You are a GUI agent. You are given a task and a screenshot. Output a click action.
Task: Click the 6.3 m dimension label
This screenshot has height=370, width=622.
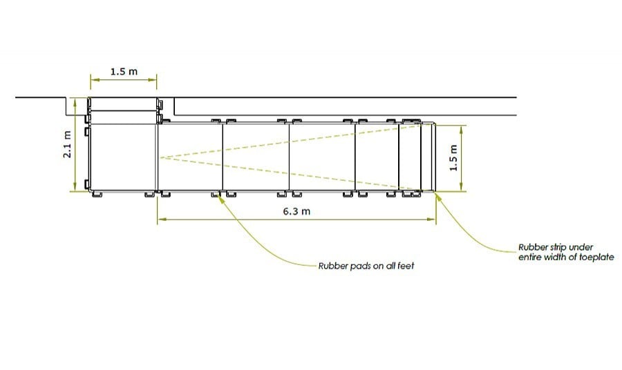(x=296, y=211)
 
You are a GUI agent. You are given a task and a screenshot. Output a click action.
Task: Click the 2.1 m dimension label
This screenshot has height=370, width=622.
(x=67, y=144)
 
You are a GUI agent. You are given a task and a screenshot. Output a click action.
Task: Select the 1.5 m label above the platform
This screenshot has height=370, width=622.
(x=123, y=71)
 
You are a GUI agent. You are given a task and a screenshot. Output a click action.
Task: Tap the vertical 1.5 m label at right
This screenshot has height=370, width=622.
(x=454, y=158)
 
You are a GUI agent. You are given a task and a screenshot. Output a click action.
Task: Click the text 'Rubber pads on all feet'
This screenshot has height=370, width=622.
(x=366, y=265)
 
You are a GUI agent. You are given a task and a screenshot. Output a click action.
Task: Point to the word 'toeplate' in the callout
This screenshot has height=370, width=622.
(x=596, y=257)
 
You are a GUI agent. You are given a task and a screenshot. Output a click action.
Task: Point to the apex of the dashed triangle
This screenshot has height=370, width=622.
(x=160, y=158)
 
